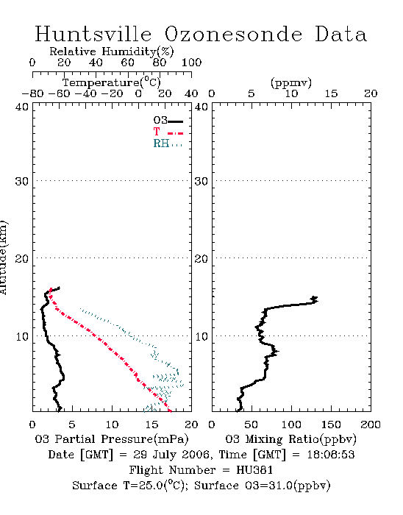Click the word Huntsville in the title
coord(93,34)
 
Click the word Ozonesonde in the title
coord(232,34)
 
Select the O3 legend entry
coord(168,121)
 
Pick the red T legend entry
coord(168,132)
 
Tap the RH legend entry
coord(168,143)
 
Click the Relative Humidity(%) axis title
coord(112,51)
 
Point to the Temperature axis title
coord(112,82)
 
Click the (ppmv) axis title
coord(291,83)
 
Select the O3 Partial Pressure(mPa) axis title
coord(112,439)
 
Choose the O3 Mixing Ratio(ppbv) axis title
coord(290,439)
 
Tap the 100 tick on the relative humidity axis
coord(191,63)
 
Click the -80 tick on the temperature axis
coord(32,94)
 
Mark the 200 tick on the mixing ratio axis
coord(371,425)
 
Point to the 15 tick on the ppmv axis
coord(331,94)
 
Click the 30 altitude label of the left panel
coord(21,181)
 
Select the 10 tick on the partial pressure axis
coord(112,425)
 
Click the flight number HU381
coord(254,470)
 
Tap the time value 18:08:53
coord(331,455)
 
